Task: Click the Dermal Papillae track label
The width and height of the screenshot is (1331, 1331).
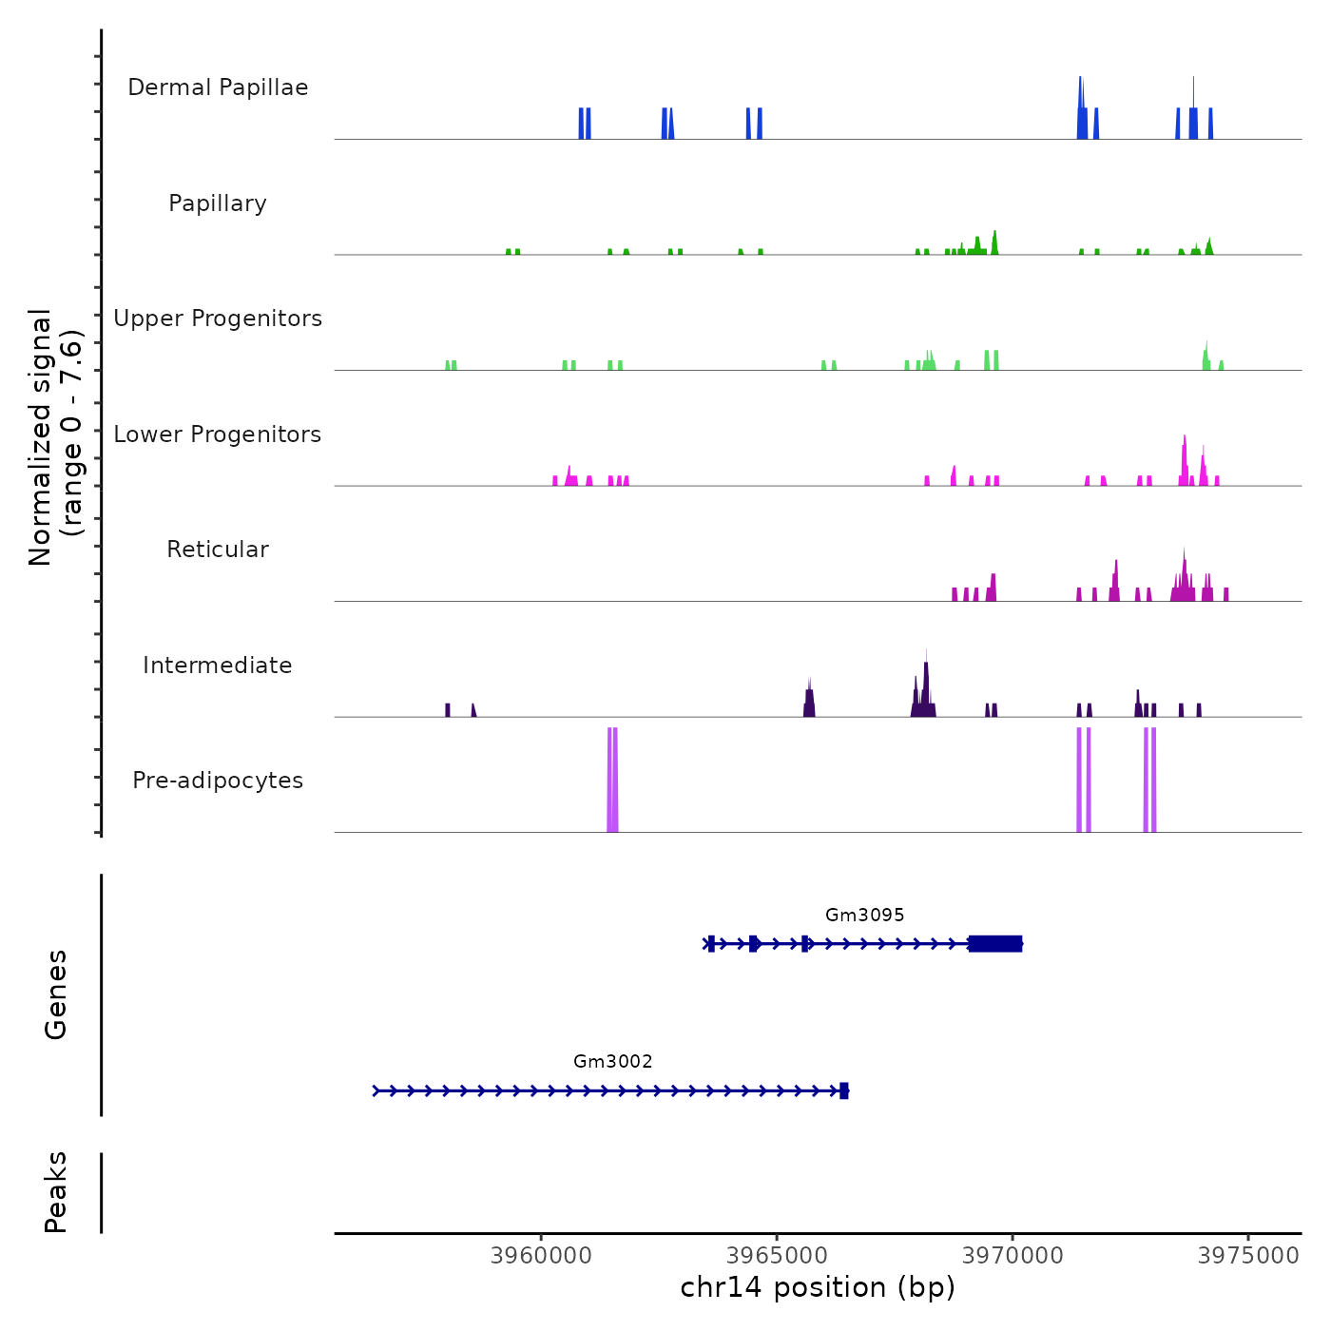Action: [x=218, y=87]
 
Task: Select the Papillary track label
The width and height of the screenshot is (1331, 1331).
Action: [x=218, y=203]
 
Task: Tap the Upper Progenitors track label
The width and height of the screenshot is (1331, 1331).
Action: [x=218, y=318]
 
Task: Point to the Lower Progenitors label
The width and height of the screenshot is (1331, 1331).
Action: [x=218, y=434]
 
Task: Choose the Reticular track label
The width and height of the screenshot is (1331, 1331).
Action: [x=218, y=550]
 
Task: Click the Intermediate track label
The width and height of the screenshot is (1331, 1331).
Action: [x=218, y=665]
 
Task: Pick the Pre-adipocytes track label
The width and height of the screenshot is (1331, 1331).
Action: [x=218, y=781]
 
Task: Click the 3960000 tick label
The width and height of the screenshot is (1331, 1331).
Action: [x=542, y=1256]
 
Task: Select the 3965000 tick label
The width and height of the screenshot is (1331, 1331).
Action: [x=777, y=1256]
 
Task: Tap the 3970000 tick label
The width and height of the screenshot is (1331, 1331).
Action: [x=1013, y=1256]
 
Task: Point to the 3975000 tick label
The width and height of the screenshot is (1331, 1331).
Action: [x=1249, y=1256]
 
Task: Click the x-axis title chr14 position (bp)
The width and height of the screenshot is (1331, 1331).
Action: [x=818, y=1287]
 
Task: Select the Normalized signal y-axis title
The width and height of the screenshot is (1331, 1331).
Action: [x=55, y=437]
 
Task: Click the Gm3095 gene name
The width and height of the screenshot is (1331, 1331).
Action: [x=864, y=916]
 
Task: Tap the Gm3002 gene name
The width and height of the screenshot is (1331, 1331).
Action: [x=613, y=1062]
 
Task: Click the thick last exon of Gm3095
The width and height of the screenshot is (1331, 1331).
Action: [x=995, y=944]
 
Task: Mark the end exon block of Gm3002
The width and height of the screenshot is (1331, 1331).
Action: [x=843, y=1090]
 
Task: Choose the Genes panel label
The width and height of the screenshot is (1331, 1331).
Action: [x=56, y=994]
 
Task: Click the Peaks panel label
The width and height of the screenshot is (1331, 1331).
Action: [x=56, y=1192]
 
